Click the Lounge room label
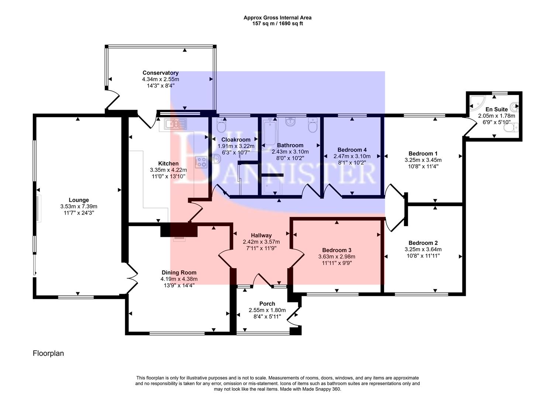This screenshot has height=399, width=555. click(x=79, y=200)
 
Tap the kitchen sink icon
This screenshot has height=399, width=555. click(x=176, y=124)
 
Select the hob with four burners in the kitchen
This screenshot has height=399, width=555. click(x=201, y=162)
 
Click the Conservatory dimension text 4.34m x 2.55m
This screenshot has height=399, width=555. click(x=161, y=79)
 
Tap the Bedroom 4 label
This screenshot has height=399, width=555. click(x=352, y=150)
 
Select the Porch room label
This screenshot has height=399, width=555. click(x=267, y=304)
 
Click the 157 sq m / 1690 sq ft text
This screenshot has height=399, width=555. click(x=277, y=23)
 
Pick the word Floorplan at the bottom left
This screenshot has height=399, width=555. click(x=48, y=353)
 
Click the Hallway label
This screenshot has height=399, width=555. click(x=261, y=235)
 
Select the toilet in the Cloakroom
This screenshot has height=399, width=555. click(x=221, y=127)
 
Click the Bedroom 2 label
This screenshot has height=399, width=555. click(x=423, y=243)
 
